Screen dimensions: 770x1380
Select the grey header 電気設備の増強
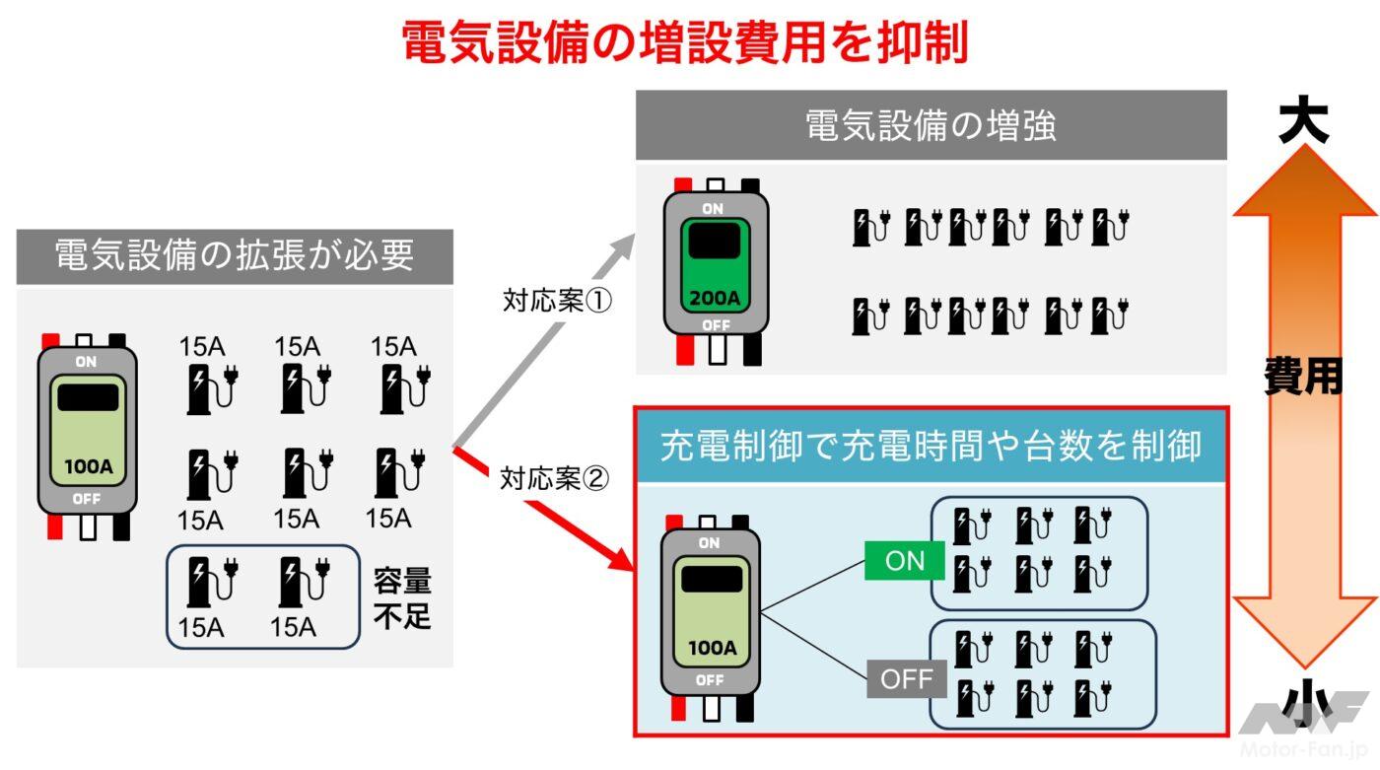(x=931, y=126)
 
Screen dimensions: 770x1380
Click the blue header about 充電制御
(x=931, y=447)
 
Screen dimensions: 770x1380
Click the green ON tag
(x=905, y=561)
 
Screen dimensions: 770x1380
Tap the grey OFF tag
(x=906, y=679)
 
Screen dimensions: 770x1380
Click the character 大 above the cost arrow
(x=1303, y=123)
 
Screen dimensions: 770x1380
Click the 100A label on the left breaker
(x=88, y=466)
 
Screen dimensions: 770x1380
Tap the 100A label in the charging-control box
(x=711, y=648)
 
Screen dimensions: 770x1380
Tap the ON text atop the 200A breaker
(x=713, y=209)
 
